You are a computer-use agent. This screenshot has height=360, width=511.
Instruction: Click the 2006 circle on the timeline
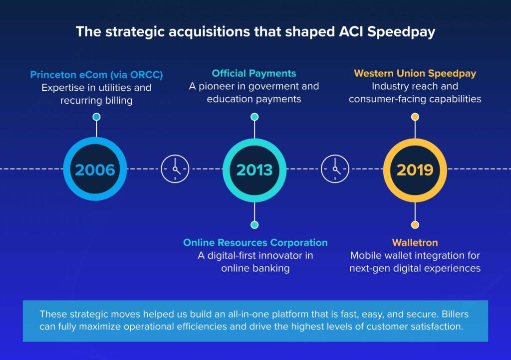click(95, 170)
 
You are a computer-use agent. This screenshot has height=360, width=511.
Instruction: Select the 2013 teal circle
click(255, 170)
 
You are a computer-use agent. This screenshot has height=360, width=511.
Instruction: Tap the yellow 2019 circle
click(415, 170)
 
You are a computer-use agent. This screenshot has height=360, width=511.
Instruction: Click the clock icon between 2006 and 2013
click(175, 169)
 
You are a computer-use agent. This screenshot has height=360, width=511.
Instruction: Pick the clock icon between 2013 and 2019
click(335, 169)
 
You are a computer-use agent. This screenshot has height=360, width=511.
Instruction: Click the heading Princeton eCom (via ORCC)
click(96, 75)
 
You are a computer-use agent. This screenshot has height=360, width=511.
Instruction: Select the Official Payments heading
click(254, 74)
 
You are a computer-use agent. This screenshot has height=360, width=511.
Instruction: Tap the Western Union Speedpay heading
click(415, 74)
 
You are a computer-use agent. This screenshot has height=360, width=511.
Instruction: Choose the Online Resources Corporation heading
click(255, 243)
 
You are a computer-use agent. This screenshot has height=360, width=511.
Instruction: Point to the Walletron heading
click(415, 243)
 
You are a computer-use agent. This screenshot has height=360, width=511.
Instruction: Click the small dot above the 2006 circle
click(96, 117)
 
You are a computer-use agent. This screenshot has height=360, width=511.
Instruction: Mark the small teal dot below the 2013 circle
click(255, 225)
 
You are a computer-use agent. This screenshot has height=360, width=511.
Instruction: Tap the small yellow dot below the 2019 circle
click(415, 225)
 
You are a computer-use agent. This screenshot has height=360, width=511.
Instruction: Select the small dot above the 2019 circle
click(415, 117)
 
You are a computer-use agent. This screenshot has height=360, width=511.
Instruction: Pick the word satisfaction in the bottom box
click(436, 327)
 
